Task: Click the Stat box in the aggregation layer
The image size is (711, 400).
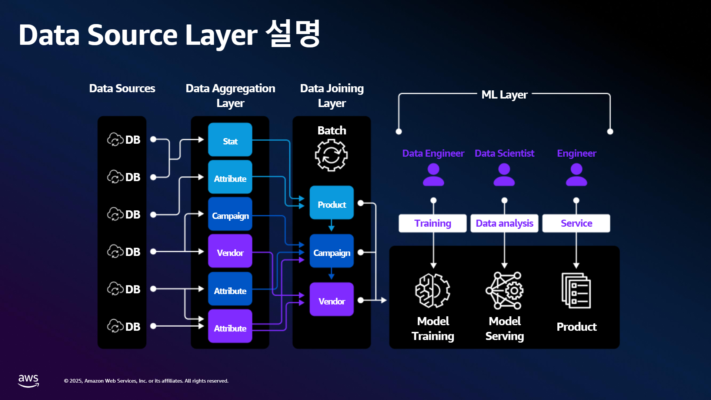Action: [230, 140]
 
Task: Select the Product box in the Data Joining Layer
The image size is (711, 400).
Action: [331, 203]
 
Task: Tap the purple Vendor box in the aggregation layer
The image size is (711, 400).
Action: [230, 251]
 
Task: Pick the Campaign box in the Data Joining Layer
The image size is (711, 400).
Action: [331, 251]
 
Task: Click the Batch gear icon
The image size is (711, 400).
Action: [331, 155]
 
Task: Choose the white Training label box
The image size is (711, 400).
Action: [433, 223]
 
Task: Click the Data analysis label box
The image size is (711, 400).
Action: [504, 223]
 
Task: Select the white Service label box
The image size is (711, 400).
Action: [576, 223]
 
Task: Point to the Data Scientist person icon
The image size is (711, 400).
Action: [504, 175]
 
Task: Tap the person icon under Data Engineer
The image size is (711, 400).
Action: [433, 175]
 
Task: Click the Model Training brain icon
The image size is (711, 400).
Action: [433, 291]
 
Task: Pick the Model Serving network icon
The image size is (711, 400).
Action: [504, 291]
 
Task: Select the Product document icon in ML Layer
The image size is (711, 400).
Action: [576, 291]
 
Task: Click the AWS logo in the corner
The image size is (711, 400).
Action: [29, 381]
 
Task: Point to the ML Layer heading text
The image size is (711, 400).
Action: [504, 95]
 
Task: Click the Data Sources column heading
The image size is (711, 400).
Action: [122, 89]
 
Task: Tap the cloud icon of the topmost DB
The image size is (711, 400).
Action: [115, 140]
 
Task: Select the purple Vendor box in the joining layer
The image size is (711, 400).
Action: [331, 299]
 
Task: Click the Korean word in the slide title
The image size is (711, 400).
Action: [293, 34]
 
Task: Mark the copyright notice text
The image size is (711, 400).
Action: [146, 381]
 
